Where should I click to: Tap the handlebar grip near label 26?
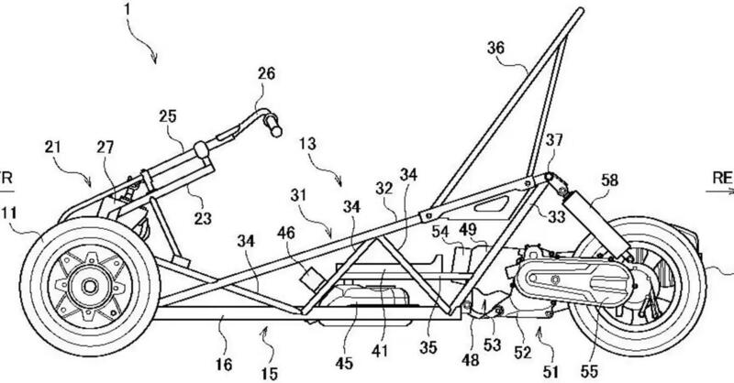coord(272,126)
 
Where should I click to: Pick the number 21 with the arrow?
coord(51,148)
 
